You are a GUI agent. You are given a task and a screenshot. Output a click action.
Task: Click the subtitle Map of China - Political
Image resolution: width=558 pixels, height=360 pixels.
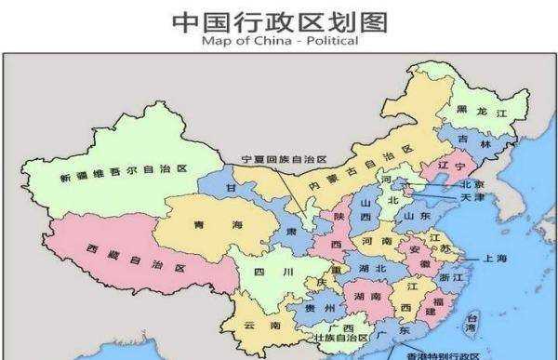[x=279, y=40]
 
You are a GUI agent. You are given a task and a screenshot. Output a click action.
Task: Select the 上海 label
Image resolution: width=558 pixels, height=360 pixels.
[x=494, y=258]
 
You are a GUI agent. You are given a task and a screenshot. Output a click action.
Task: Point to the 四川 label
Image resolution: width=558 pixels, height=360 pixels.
[x=266, y=273]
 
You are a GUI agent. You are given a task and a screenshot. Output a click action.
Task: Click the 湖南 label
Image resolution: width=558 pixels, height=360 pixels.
[x=366, y=297]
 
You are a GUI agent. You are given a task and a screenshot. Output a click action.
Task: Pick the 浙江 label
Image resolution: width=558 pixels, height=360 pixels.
[x=449, y=276]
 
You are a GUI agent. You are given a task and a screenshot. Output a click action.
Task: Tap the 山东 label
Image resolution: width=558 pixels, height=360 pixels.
[x=414, y=216]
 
